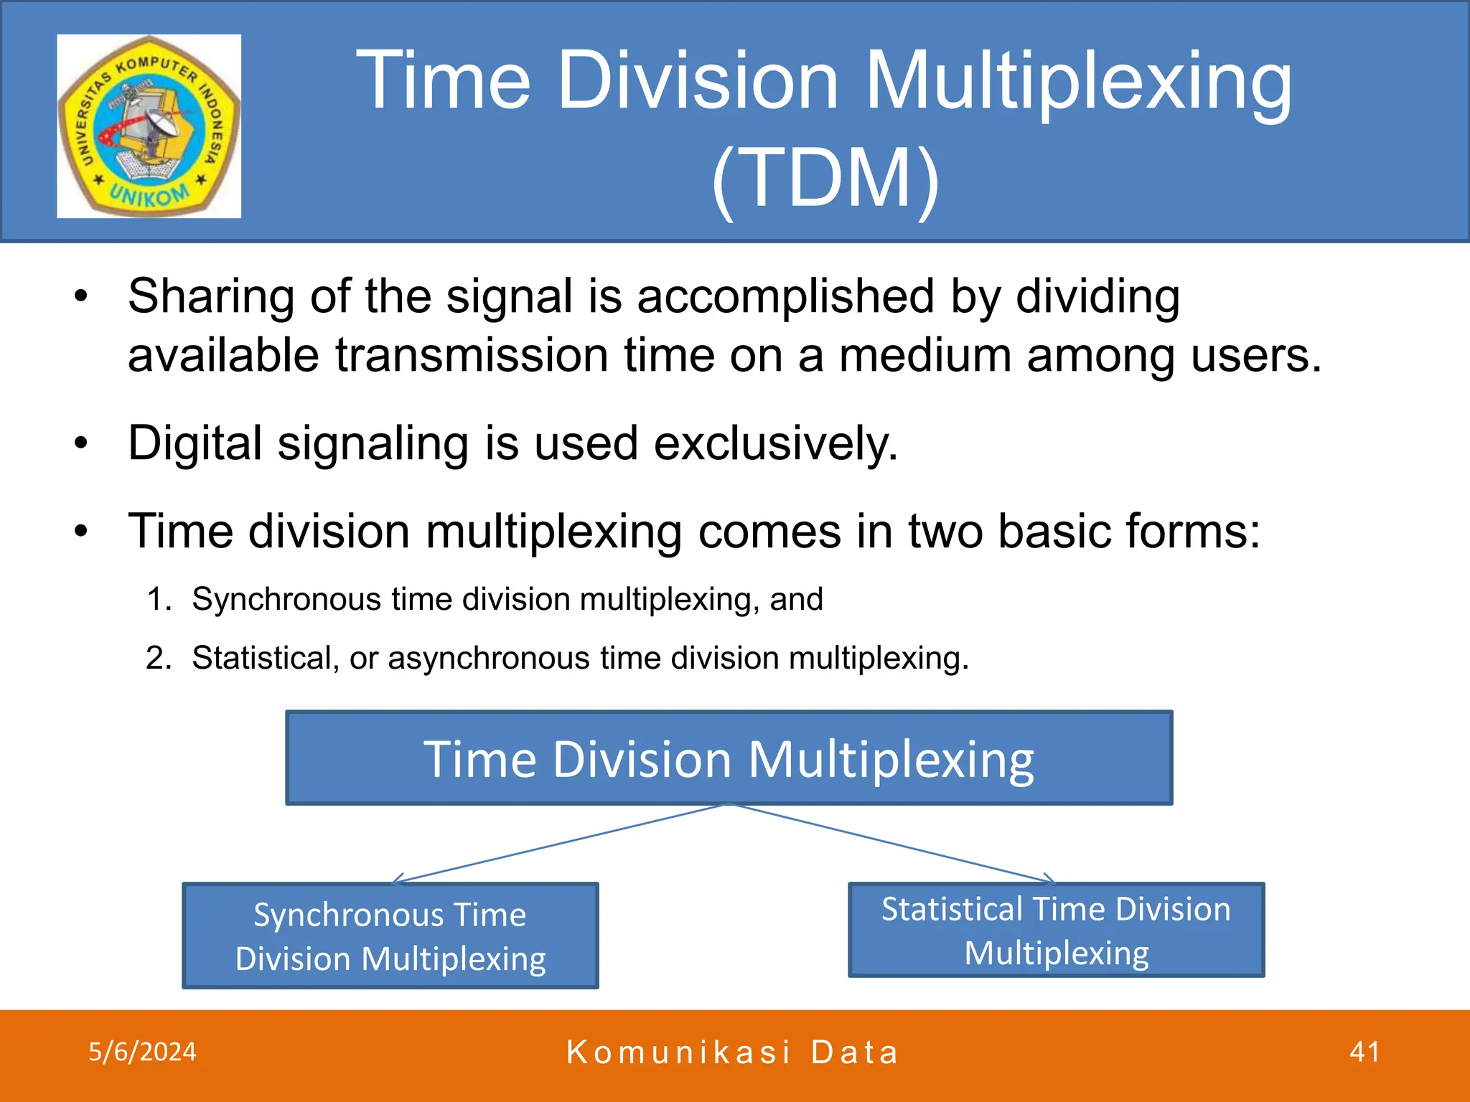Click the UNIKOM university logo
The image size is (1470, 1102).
pos(149,126)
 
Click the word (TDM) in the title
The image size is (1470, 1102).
pos(825,178)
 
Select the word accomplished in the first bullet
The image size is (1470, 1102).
pos(785,296)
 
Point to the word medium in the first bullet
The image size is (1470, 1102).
pos(925,355)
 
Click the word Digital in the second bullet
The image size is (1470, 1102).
pos(195,443)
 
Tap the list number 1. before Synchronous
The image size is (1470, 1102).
pos(159,599)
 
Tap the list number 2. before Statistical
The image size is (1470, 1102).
pos(159,658)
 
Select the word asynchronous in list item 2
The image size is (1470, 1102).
pos(488,658)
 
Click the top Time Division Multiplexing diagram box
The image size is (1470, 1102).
pos(729,758)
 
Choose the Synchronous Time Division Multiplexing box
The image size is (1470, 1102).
pos(390,936)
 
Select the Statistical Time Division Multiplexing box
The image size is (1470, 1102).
pos(1056,930)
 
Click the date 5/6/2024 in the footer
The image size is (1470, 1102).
pos(142,1052)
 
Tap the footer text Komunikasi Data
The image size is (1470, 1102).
pos(732,1052)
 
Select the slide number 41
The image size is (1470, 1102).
pos(1364,1052)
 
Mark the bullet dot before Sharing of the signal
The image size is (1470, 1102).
pos(81,296)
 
